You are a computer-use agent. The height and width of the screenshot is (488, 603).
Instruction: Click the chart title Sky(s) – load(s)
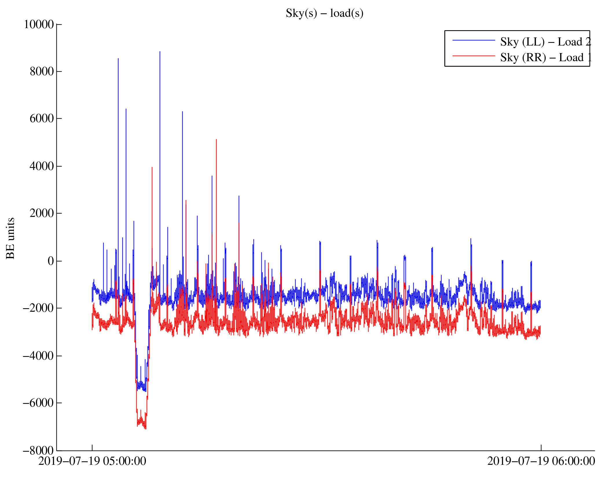click(x=324, y=13)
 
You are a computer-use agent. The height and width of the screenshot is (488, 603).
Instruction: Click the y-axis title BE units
click(x=10, y=238)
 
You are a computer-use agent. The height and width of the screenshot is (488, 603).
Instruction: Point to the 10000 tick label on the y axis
click(x=39, y=24)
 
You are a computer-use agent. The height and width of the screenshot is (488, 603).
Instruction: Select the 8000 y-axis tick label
click(x=42, y=72)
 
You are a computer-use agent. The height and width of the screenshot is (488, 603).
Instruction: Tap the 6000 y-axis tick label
click(x=42, y=119)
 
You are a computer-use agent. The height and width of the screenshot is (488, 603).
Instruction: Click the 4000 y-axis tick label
click(x=42, y=166)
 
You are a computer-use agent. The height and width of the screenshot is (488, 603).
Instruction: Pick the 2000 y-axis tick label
click(x=42, y=213)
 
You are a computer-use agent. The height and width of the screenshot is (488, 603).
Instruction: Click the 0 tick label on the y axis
click(x=51, y=261)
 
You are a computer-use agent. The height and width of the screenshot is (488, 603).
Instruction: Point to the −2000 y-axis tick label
click(x=39, y=308)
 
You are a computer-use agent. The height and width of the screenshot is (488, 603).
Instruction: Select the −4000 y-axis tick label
click(x=39, y=356)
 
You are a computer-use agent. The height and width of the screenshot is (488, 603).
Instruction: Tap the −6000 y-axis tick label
click(x=39, y=403)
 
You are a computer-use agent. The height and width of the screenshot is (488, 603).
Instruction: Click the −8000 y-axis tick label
click(x=39, y=451)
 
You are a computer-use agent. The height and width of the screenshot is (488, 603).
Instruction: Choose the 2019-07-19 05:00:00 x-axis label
click(x=92, y=461)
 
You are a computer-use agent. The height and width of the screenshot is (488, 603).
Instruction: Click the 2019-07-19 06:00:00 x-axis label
click(x=541, y=461)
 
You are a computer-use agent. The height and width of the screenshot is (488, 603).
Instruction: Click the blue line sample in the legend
click(x=474, y=40)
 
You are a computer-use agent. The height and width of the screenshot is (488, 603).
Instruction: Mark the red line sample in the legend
click(x=474, y=56)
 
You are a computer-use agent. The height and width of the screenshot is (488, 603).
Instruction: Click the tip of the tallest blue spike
click(x=160, y=52)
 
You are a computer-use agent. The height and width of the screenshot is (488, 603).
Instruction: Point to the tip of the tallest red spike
click(x=216, y=140)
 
